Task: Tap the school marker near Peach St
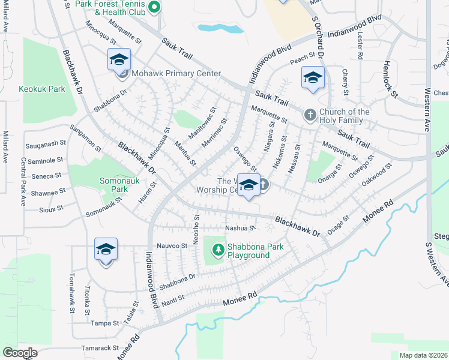313,79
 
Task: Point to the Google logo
20,353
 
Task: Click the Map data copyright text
423,355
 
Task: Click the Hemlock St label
391,79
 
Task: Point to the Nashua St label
241,228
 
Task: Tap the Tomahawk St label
71,293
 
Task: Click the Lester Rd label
360,47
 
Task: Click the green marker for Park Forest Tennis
154,8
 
